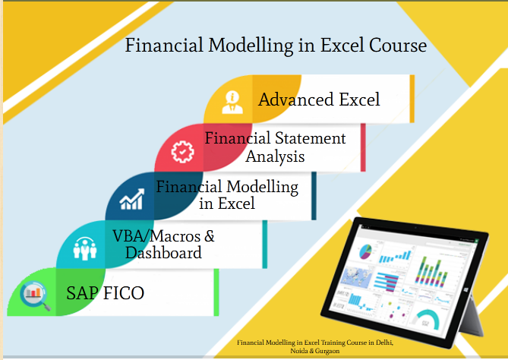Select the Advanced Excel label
(x=319, y=99)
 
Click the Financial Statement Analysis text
(x=275, y=147)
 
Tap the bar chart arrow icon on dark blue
(x=131, y=201)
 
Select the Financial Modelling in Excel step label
(x=227, y=194)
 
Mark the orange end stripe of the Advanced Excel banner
(x=412, y=99)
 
